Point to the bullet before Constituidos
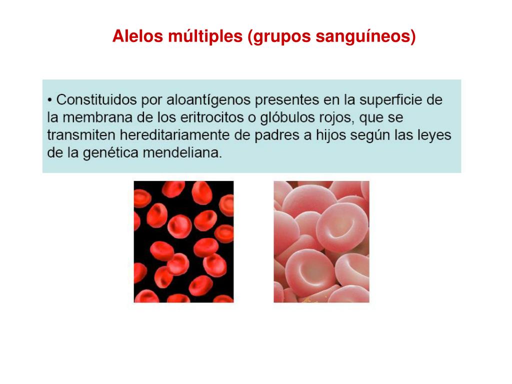[x=50, y=100]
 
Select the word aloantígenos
[x=207, y=100]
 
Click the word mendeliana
[x=182, y=153]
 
